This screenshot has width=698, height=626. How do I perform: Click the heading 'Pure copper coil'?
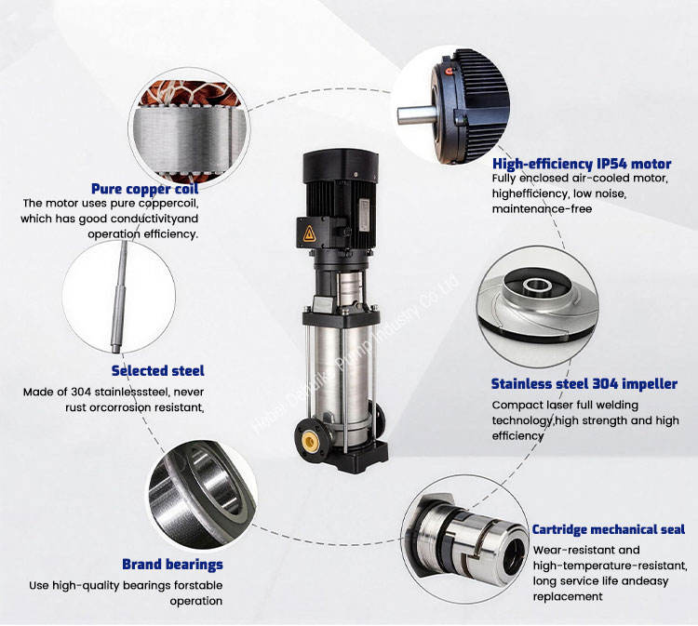click(144, 189)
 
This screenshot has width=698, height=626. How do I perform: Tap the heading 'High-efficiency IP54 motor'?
click(582, 164)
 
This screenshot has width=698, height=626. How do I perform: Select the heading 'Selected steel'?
click(157, 370)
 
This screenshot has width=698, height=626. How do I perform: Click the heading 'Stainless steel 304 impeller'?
click(584, 383)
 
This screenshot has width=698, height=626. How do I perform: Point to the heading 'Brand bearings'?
click(172, 565)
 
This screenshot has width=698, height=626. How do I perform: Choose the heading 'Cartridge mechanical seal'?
click(608, 529)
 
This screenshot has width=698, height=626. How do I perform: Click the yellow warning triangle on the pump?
click(309, 233)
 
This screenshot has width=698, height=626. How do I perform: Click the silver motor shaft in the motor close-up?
click(417, 113)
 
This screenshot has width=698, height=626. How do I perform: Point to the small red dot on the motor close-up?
click(450, 71)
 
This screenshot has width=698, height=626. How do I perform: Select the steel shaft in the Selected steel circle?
click(119, 297)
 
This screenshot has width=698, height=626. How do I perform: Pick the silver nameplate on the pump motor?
click(364, 215)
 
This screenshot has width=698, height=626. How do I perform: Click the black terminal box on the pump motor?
click(318, 233)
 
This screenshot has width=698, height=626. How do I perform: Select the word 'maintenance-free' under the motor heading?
click(542, 209)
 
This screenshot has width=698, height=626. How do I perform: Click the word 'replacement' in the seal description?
click(568, 596)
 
